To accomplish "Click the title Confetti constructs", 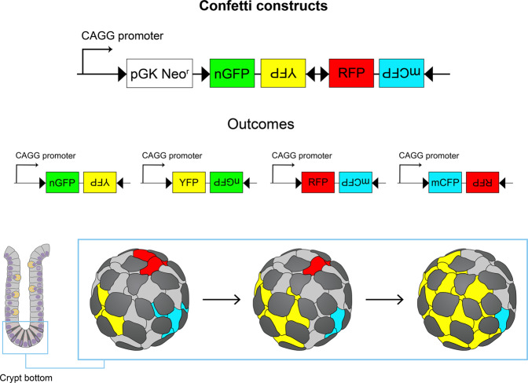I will coord(264,9).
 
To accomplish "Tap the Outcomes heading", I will coord(263,123).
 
